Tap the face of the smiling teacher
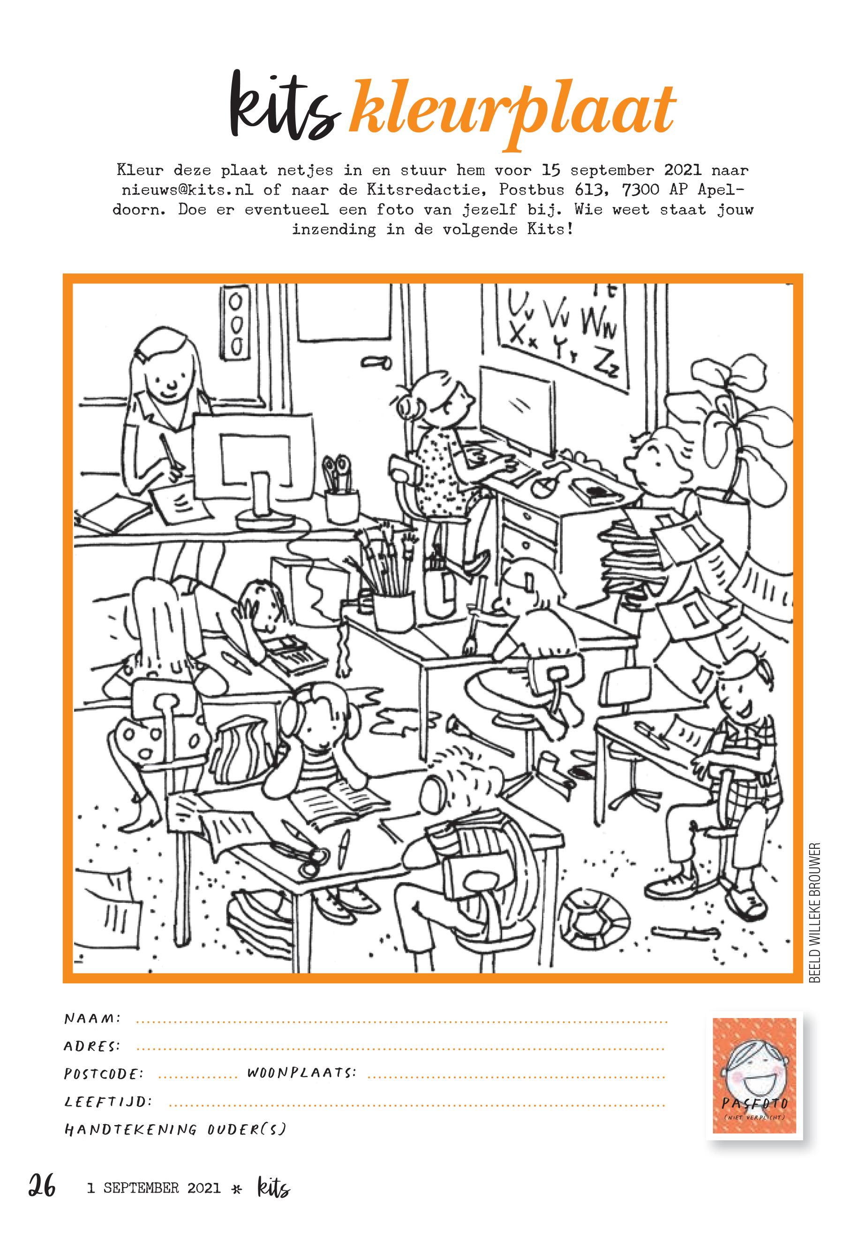click(169, 376)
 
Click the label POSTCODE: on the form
click(104, 1073)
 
